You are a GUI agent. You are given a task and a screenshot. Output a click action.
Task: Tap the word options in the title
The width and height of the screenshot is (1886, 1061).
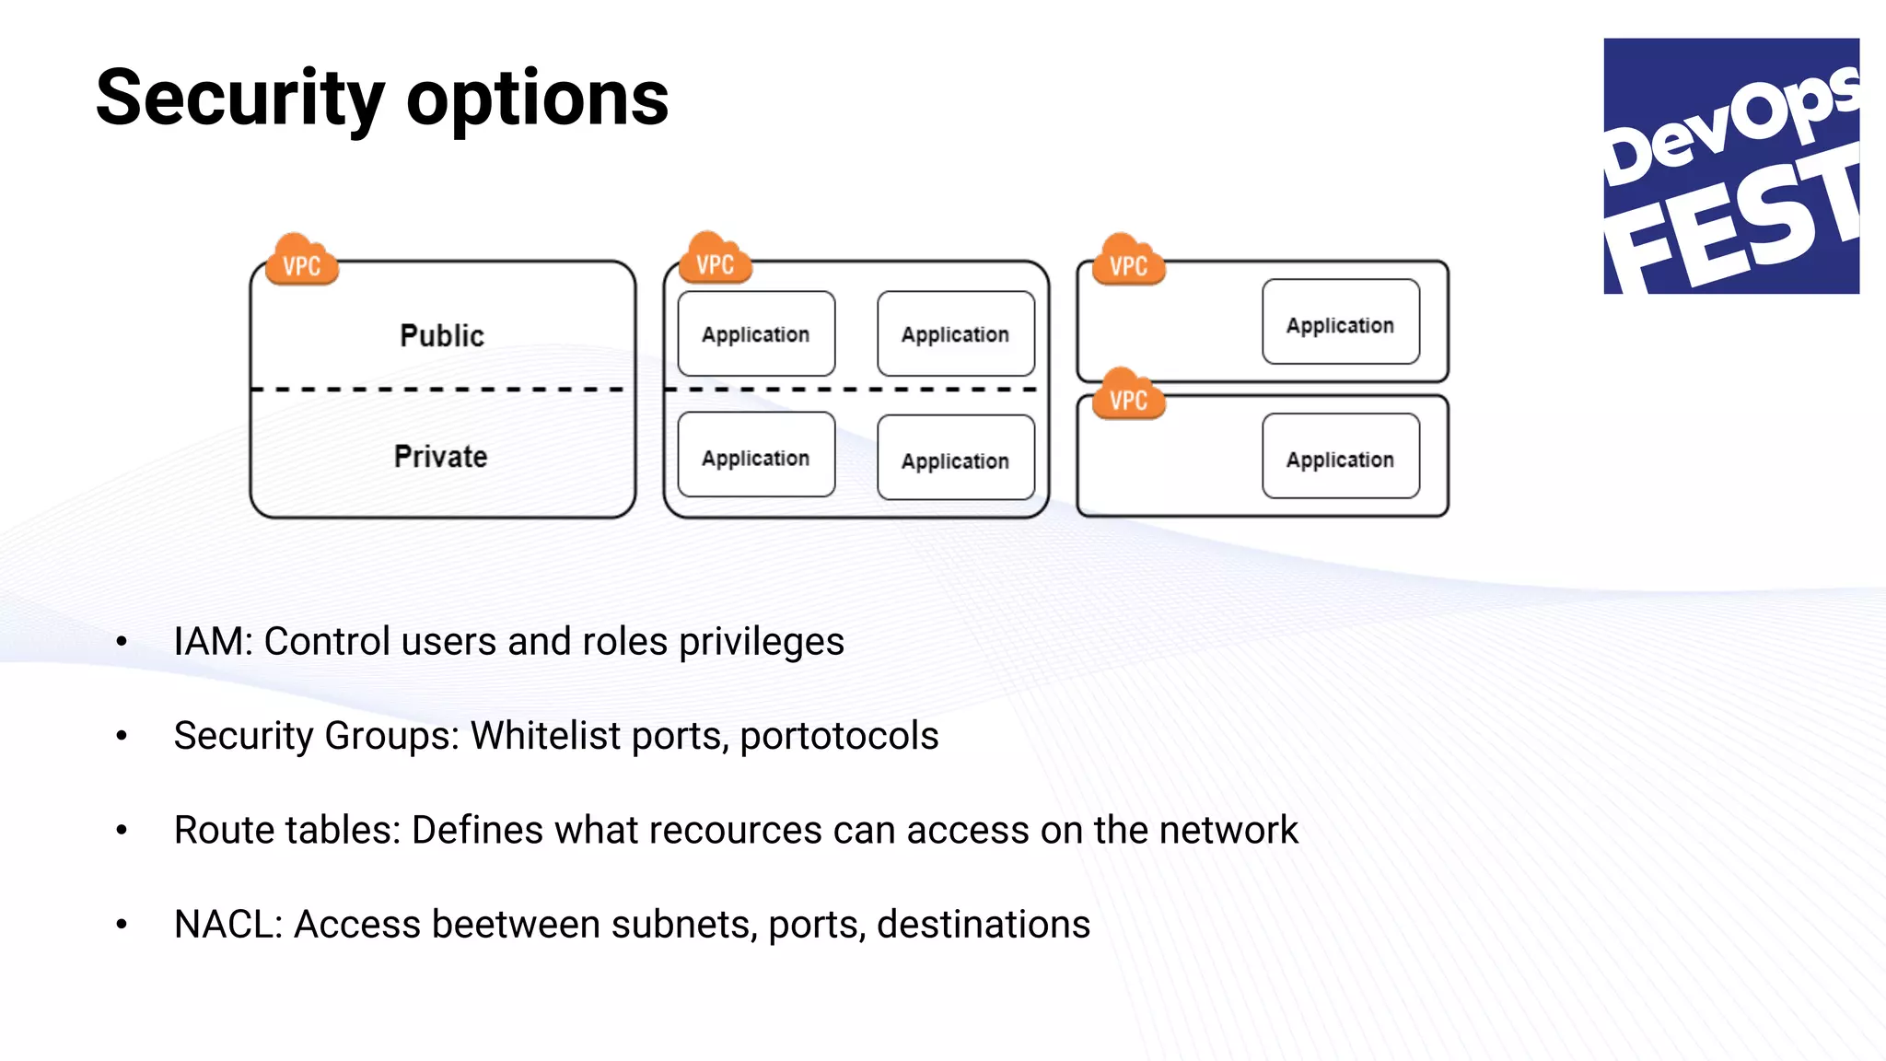[x=537, y=99]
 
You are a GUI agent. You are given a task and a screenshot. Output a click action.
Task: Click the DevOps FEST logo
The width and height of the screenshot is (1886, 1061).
[x=1730, y=166]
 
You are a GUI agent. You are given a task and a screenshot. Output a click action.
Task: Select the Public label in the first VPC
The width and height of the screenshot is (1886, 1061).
[x=442, y=335]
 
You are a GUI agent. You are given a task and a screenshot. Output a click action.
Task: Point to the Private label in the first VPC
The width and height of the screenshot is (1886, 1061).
[x=440, y=456]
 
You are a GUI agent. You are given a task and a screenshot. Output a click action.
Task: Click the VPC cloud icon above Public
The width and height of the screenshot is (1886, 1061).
[x=301, y=262]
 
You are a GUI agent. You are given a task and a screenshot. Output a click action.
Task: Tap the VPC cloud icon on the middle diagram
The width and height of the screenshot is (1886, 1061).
[x=715, y=262]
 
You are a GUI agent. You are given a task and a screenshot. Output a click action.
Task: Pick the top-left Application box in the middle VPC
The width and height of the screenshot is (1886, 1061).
[x=756, y=333]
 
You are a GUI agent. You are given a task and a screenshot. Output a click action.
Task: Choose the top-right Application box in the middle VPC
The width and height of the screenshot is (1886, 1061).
[x=955, y=333]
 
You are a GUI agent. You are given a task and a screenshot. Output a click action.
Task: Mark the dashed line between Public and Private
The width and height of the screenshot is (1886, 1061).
[x=442, y=390]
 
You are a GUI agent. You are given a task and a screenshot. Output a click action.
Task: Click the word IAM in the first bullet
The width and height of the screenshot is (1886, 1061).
[x=212, y=642]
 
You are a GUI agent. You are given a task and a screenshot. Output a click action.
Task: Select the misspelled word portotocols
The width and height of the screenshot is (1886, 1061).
[x=839, y=736]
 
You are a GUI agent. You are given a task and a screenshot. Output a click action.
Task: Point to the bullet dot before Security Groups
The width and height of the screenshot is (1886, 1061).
[x=122, y=736]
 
